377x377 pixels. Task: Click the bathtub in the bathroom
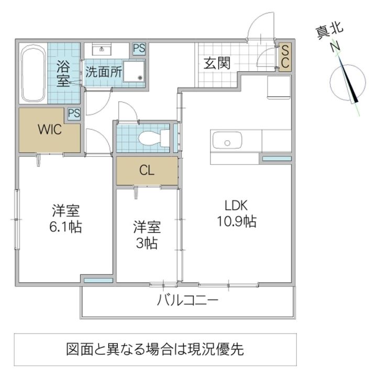[x=34, y=75]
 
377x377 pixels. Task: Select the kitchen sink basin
[x=227, y=141]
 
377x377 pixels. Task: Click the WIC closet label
[x=49, y=130]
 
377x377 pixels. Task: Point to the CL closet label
[x=147, y=171]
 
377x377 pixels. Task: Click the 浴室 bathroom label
[x=63, y=73]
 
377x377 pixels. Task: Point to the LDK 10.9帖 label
[x=236, y=213]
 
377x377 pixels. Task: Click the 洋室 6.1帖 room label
[x=65, y=219]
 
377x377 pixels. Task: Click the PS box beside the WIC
[x=74, y=114]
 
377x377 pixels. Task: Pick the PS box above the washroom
[x=139, y=49]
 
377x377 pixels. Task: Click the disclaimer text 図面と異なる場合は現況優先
[x=155, y=348]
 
